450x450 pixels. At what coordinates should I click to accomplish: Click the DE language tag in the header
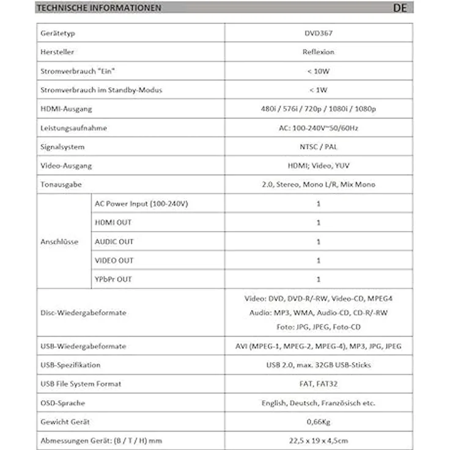pos(401,8)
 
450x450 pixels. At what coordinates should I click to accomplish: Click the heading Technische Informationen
pos(98,8)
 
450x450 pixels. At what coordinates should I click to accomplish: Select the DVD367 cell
pos(319,33)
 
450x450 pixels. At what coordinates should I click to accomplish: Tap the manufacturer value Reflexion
pos(319,52)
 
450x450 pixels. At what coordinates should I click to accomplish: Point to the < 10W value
pos(319,71)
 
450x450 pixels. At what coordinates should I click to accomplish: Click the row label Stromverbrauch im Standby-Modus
pos(101,90)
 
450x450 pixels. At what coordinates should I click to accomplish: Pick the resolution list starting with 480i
pos(319,109)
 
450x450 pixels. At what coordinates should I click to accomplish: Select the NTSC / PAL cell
pos(319,147)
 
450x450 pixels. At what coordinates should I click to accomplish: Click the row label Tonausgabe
pos(61,184)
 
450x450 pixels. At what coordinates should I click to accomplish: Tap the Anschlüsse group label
pos(59,242)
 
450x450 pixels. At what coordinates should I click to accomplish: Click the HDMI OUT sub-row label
pos(113,223)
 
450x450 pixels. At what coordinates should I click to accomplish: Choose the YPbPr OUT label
pos(113,279)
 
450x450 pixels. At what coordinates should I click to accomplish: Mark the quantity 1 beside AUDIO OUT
pos(319,242)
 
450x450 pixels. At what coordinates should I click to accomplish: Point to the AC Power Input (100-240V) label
pos(141,204)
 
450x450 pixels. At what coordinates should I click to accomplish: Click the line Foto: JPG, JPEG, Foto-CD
pos(319,327)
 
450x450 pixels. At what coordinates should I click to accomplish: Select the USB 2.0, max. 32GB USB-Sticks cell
pos(319,365)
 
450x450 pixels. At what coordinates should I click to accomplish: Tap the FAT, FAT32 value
pos(319,384)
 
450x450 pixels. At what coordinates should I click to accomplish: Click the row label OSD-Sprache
pos(62,403)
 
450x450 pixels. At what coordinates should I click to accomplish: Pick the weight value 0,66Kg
pos(319,422)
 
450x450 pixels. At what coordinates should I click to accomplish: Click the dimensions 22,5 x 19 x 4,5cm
pos(319,440)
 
